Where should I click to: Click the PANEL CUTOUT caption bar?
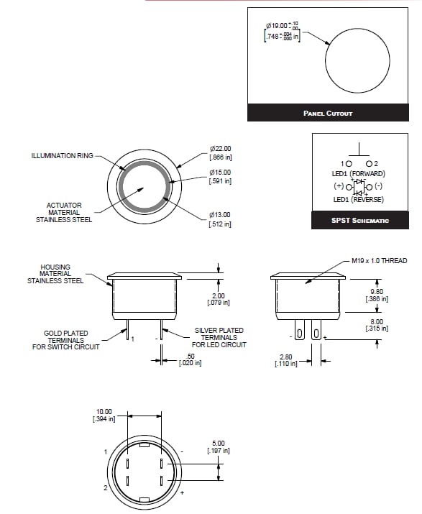click(328, 114)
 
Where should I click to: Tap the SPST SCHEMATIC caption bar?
click(360, 221)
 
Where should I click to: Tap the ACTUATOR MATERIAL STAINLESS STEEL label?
click(64, 212)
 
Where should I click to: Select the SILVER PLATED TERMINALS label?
click(219, 337)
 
